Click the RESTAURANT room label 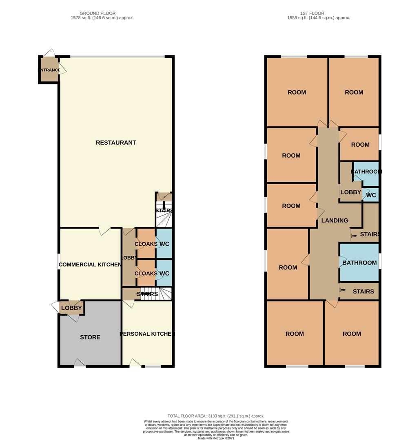click(x=116, y=143)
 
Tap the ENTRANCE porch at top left click(x=49, y=70)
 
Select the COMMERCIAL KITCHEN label click(x=90, y=265)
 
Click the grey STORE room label click(x=90, y=337)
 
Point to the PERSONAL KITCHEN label click(x=147, y=334)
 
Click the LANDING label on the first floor click(x=335, y=220)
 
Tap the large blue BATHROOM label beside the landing click(x=359, y=263)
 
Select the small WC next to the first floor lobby click(x=371, y=195)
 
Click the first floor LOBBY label click(x=350, y=192)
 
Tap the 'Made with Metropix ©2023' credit click(x=216, y=438)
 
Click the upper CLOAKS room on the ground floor click(x=146, y=244)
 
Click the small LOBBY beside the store click(x=72, y=308)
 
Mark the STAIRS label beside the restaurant click(x=164, y=211)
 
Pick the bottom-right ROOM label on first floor click(x=352, y=334)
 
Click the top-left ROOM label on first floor click(x=297, y=92)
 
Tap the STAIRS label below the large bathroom click(x=363, y=291)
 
